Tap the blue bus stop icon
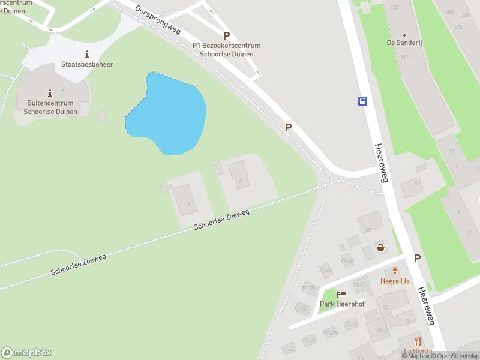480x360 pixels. [x=363, y=101]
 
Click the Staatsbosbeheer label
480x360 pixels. [x=87, y=64]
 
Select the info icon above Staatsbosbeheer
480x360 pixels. [x=88, y=54]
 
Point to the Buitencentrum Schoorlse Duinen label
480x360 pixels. [x=49, y=107]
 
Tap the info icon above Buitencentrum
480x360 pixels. [x=49, y=92]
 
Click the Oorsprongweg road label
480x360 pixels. [x=158, y=21]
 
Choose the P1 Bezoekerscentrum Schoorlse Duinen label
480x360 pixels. [x=226, y=50]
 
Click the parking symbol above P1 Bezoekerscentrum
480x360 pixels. [x=226, y=36]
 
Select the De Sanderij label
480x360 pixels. [x=404, y=43]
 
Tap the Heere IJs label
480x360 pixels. [x=395, y=281]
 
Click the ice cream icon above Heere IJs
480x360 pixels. [x=395, y=271]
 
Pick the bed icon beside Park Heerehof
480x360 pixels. [x=341, y=295]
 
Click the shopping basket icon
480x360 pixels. [x=380, y=247]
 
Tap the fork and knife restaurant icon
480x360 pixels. [x=418, y=342]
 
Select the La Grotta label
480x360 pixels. [x=419, y=352]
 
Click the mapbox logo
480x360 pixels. [x=26, y=353]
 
